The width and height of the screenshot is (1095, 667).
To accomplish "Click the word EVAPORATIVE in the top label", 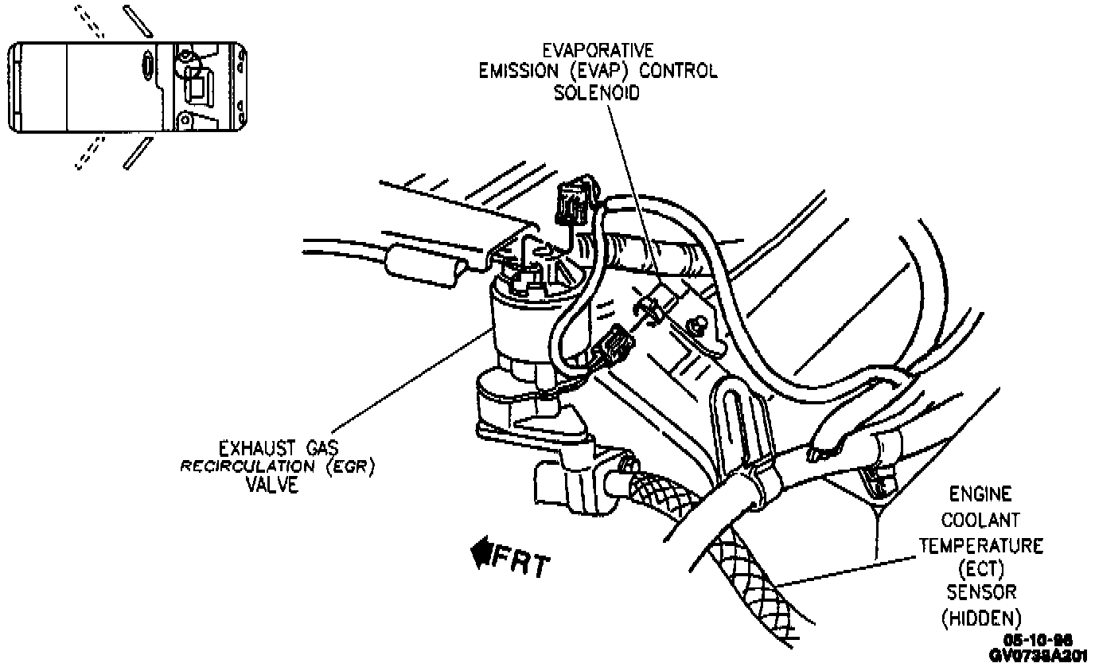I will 598,50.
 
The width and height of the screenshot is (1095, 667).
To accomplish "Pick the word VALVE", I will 271,485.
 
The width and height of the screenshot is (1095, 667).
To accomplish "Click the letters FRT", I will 522,563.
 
